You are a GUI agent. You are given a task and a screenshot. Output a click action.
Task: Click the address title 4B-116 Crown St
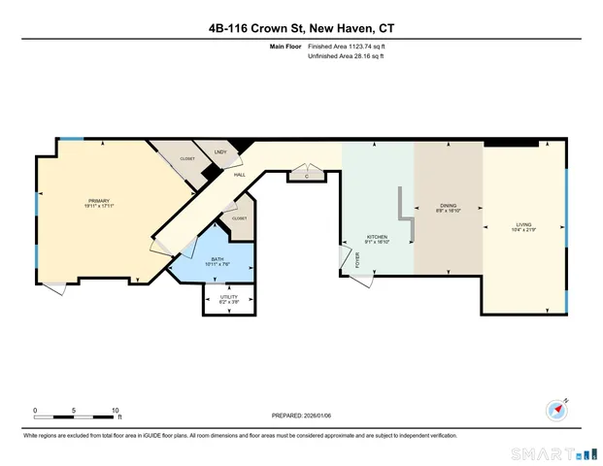[x=301, y=27]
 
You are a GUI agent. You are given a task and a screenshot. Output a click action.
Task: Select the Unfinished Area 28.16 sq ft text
[x=347, y=57]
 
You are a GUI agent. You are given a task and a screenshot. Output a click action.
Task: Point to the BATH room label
[x=217, y=260]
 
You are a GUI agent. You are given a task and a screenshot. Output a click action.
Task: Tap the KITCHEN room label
[x=377, y=239]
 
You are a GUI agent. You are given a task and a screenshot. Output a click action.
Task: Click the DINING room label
[x=448, y=208]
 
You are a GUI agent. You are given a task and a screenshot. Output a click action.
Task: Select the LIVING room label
[x=523, y=226]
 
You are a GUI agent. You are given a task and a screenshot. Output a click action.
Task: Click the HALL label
[x=238, y=175]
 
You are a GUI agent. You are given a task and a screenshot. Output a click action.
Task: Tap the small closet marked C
[x=305, y=176]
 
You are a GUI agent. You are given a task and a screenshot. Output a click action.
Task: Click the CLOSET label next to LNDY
[x=187, y=158]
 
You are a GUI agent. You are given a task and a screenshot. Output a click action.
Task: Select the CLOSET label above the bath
[x=239, y=218]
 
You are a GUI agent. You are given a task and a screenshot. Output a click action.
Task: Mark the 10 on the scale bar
[x=116, y=411]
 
